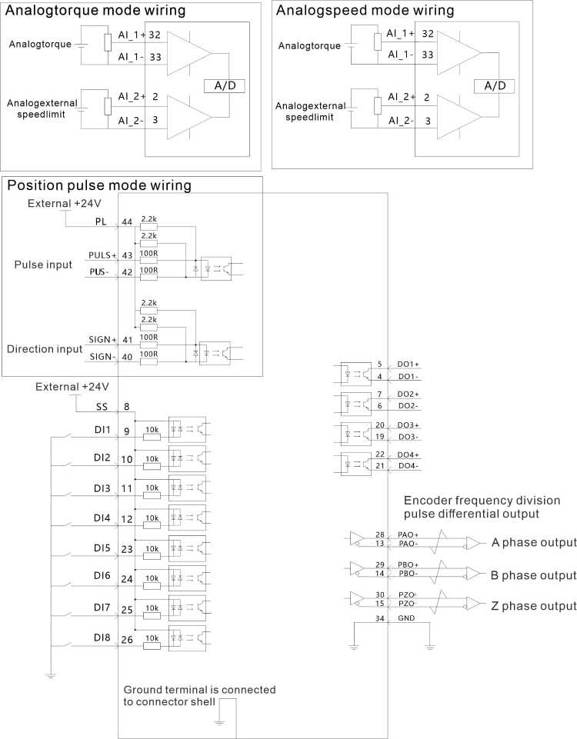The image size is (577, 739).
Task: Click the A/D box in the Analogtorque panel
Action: pos(225,86)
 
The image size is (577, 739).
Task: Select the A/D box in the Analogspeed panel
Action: pos(494,86)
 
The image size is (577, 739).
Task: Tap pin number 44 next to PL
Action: pos(127,222)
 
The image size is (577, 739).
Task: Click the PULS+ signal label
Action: pos(102,255)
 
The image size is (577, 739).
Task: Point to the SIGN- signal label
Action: pos(102,357)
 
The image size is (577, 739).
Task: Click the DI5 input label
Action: pos(102,548)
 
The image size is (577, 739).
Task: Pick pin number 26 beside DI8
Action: pos(127,640)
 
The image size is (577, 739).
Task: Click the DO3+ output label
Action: pos(408,425)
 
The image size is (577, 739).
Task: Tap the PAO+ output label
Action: pos(408,534)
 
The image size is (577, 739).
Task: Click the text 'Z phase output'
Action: pos(534,606)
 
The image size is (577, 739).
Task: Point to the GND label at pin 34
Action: pos(406,617)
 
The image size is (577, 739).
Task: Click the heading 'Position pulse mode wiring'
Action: pos(99,185)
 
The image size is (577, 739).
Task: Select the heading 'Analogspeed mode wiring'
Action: pos(365,10)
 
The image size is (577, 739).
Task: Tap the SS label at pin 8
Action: pos(102,407)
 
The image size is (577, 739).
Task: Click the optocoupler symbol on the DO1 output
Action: pos(355,374)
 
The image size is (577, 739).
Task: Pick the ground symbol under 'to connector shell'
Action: pos(219,723)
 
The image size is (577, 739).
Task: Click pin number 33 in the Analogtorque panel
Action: pos(155,57)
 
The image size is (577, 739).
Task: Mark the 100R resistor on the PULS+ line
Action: pos(149,260)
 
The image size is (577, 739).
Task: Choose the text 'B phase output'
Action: pos(533,575)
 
